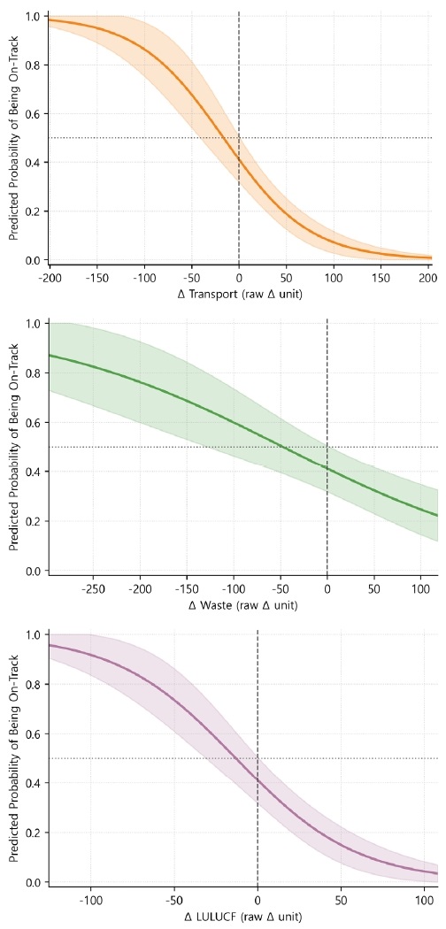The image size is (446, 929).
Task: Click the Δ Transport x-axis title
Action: [239, 294]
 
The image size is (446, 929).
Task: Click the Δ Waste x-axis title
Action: [239, 605]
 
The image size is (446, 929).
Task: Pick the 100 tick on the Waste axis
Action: [422, 588]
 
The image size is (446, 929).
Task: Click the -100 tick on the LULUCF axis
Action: [91, 900]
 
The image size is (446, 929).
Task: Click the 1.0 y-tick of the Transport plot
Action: [32, 17]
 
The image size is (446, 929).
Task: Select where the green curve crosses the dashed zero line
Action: [327, 468]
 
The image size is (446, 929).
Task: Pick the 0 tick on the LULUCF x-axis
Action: [258, 900]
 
